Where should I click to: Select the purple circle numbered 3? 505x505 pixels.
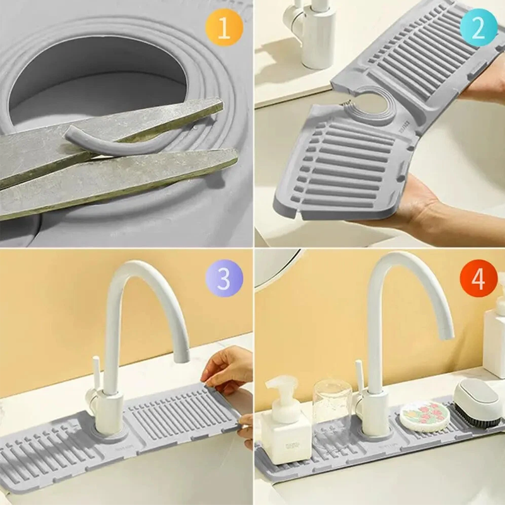pos(223,278)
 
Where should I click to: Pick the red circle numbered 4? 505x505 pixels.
pos(478,278)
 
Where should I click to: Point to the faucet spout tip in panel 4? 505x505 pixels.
pos(445,331)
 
